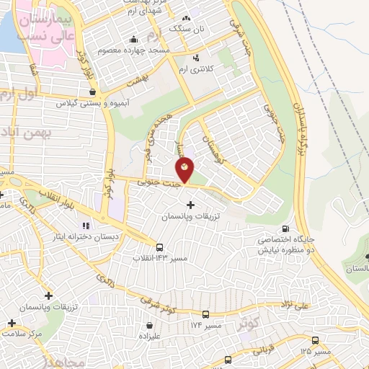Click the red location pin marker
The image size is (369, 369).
click(x=185, y=170)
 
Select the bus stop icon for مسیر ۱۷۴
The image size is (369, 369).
click(x=206, y=315)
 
